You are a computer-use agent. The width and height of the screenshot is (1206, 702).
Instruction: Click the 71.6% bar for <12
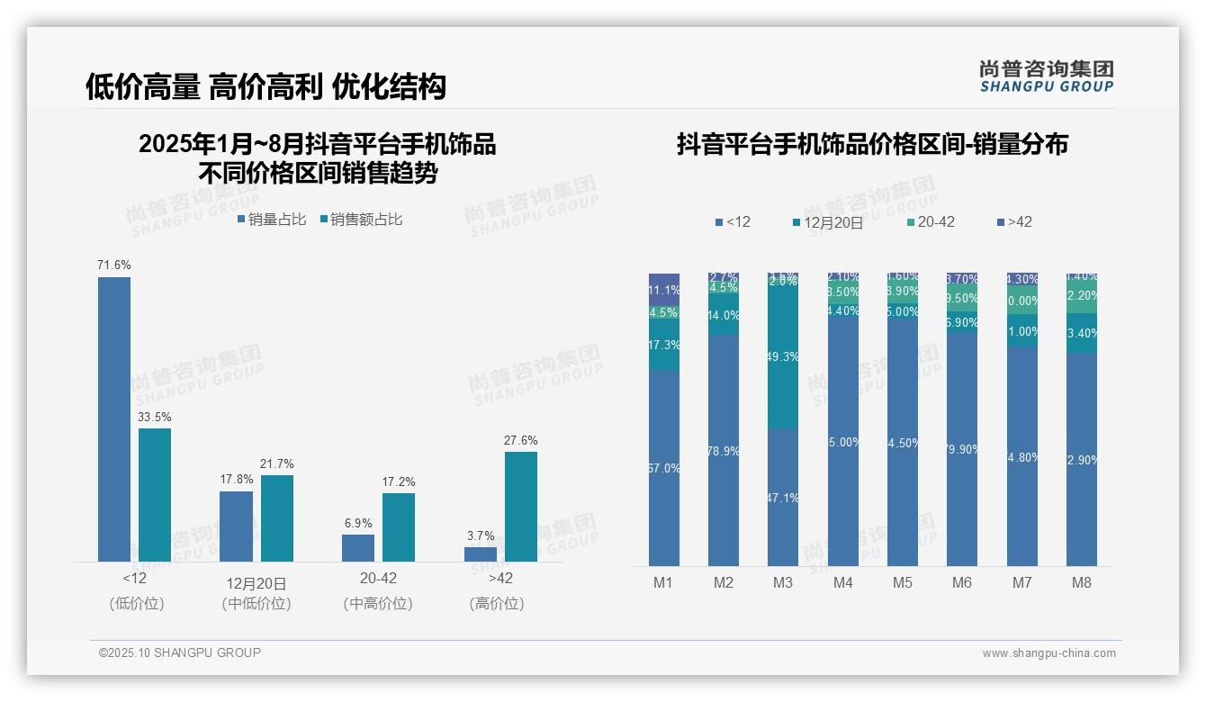pyautogui.click(x=114, y=419)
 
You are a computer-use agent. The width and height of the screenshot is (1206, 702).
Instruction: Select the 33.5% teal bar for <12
pyautogui.click(x=155, y=495)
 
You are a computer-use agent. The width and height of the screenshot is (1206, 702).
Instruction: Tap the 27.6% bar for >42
pyautogui.click(x=521, y=507)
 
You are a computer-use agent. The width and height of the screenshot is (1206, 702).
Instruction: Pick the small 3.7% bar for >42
pyautogui.click(x=481, y=554)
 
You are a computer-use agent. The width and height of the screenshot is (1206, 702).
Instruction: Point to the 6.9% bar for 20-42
pyautogui.click(x=358, y=548)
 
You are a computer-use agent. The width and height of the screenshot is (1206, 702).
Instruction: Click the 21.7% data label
pyautogui.click(x=277, y=463)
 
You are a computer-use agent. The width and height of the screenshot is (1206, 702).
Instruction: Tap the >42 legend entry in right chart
pyautogui.click(x=1014, y=221)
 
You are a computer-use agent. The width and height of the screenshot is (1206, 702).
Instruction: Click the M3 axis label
pyautogui.click(x=783, y=583)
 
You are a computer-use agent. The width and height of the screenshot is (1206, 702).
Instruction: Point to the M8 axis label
pyautogui.click(x=1082, y=583)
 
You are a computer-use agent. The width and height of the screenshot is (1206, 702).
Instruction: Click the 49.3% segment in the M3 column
pyautogui.click(x=783, y=357)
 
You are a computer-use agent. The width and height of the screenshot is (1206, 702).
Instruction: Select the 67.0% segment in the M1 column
pyautogui.click(x=664, y=468)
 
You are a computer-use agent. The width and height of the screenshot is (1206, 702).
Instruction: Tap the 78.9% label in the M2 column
pyautogui.click(x=724, y=451)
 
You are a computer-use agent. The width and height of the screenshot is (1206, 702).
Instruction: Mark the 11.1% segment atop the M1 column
pyautogui.click(x=664, y=289)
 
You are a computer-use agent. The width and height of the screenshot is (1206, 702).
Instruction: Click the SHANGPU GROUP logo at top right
pyautogui.click(x=1046, y=76)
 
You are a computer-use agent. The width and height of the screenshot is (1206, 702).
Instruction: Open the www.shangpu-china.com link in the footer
pyautogui.click(x=1048, y=653)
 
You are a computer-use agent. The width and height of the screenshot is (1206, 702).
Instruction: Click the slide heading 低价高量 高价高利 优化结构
pyautogui.click(x=266, y=86)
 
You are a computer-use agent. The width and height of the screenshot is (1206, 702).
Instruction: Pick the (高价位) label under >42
pyautogui.click(x=497, y=604)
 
